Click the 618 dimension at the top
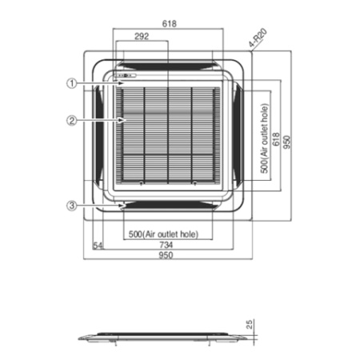(x=169, y=24)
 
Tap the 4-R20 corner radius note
(x=255, y=38)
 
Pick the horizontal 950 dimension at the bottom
(x=164, y=255)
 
